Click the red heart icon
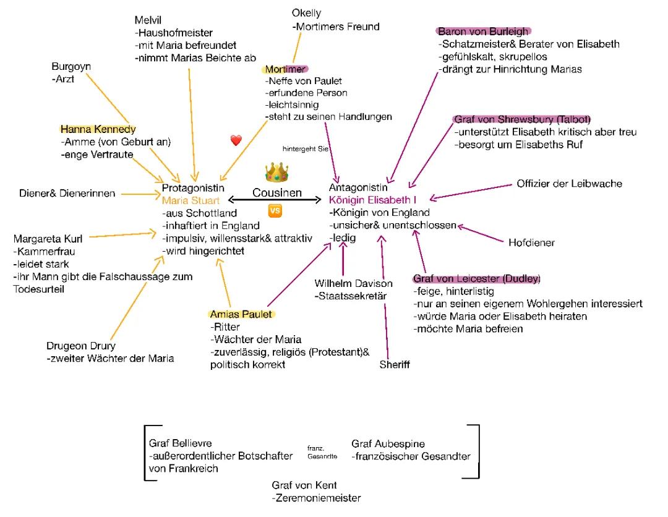click(x=236, y=141)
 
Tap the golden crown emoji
click(x=277, y=173)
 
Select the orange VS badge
click(x=275, y=211)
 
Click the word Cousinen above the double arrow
click(x=277, y=193)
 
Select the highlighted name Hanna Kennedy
click(x=98, y=129)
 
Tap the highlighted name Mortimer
click(x=286, y=69)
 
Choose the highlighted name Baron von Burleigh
click(x=484, y=32)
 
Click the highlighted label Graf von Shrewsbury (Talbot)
click(x=523, y=119)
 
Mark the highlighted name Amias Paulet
click(x=241, y=314)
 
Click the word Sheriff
click(x=395, y=365)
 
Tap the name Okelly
click(x=307, y=13)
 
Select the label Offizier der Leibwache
click(x=569, y=184)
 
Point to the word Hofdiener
click(x=531, y=243)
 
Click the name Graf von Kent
click(x=304, y=485)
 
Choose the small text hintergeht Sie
click(x=306, y=149)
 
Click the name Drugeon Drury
click(x=81, y=346)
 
